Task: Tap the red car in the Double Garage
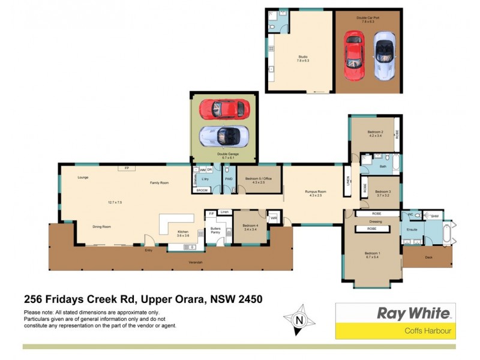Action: [224, 109]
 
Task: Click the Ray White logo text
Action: [412, 313]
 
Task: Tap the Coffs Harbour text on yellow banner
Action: [429, 331]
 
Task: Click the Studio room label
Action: [303, 58]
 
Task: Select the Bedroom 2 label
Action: [376, 132]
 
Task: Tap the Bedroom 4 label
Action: [250, 226]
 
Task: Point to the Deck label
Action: [428, 257]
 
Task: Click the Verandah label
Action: [196, 263]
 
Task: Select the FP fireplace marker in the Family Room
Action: [127, 168]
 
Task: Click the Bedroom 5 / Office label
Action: [259, 178]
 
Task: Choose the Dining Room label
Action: [102, 227]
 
